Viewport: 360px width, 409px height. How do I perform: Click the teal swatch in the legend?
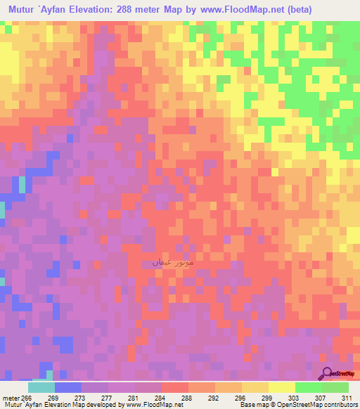click(41, 387)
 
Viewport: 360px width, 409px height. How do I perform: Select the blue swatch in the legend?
click(67, 387)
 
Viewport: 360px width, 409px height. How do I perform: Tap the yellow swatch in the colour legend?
click(281, 387)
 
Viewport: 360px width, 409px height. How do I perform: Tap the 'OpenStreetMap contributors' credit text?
click(316, 405)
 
